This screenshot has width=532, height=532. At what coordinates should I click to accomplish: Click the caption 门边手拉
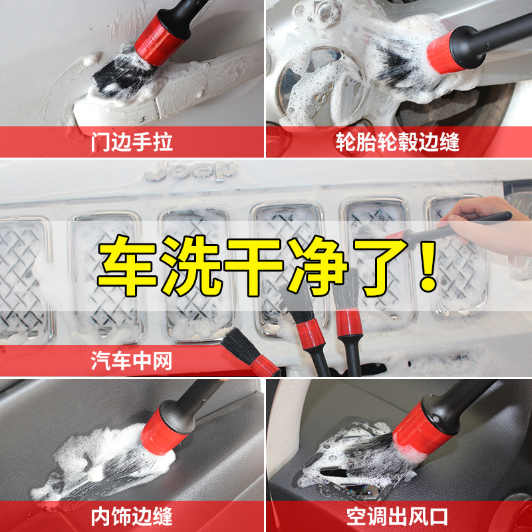[x=132, y=142]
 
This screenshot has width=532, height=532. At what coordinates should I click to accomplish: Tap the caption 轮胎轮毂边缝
[x=397, y=142]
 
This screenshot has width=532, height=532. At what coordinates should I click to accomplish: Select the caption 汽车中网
[x=131, y=360]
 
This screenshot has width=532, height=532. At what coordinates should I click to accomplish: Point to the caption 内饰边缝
[x=132, y=517]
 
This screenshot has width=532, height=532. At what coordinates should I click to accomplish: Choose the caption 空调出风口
[x=397, y=517]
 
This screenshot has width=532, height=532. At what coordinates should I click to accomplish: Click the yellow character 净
[x=318, y=265]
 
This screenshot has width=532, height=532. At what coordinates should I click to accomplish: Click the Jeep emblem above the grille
[x=191, y=172]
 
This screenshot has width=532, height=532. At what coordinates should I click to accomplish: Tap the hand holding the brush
[x=489, y=224]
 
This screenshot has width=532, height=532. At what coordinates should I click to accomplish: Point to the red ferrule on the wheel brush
[x=444, y=53]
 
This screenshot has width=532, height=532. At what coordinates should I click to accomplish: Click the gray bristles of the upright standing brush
[x=346, y=289]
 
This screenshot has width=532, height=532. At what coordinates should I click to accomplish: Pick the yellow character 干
[x=255, y=265]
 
